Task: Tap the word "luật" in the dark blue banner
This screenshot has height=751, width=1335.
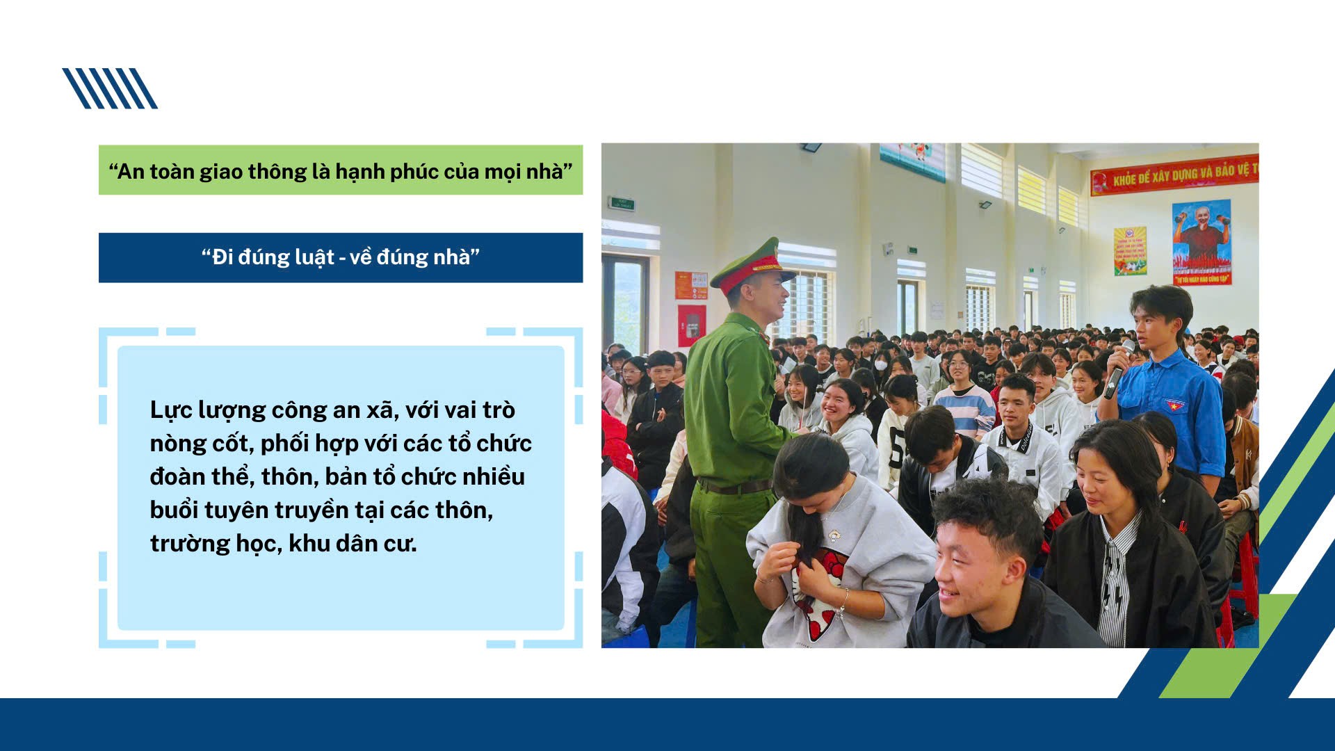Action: click(x=314, y=257)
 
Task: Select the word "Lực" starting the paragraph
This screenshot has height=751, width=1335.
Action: click(x=171, y=410)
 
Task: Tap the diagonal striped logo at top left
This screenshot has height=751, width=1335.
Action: click(x=110, y=88)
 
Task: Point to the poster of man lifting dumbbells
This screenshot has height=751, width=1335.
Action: click(x=1201, y=241)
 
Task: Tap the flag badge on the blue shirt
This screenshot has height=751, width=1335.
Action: click(x=1174, y=405)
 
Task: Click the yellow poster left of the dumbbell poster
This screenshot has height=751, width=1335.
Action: click(x=1130, y=250)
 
